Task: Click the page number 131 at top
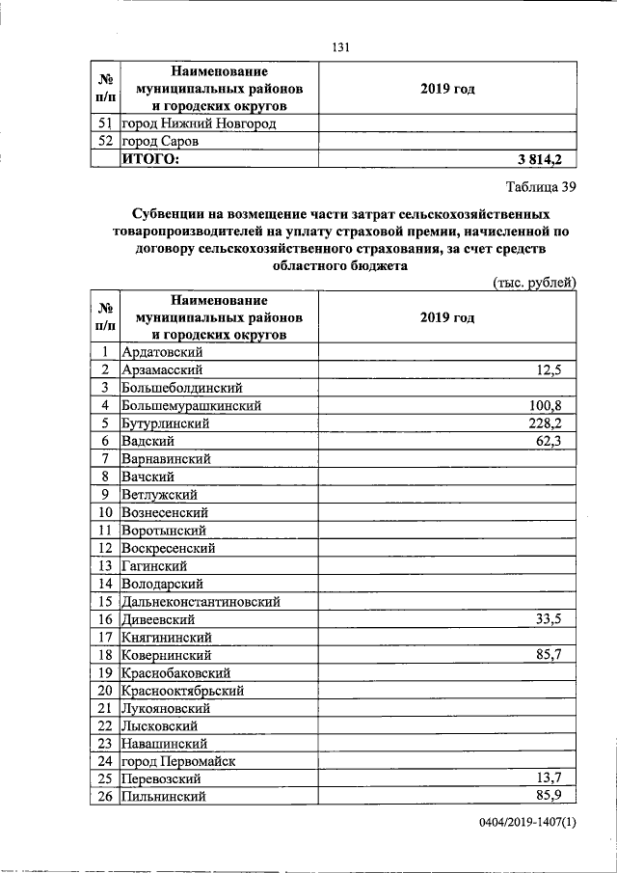pos(338,48)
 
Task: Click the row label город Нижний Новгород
pos(198,123)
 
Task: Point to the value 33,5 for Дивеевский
pos(558,619)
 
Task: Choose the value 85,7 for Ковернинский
pos(558,655)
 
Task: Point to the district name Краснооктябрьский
pos(182,691)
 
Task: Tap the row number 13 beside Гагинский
pos(106,566)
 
